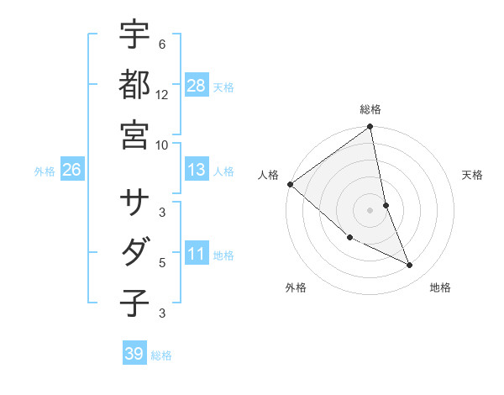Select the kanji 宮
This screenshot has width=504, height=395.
pos(135,134)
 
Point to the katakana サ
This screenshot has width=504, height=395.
pos(135,201)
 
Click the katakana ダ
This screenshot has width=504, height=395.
pos(135,251)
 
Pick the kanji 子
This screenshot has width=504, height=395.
pos(135,302)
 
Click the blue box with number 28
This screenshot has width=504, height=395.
pos(197,85)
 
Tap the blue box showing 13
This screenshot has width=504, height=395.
pos(197,170)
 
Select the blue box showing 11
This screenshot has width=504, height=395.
pos(197,253)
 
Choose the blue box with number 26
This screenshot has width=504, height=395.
pos(71,170)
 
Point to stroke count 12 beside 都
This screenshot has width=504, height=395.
pos(161,94)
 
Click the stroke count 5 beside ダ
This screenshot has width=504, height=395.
pos(162,262)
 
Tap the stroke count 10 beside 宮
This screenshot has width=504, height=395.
pos(161,144)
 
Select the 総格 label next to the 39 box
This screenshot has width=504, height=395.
pos(161,355)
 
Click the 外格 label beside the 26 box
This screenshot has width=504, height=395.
pos(45,171)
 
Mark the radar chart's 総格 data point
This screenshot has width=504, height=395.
pos(370,128)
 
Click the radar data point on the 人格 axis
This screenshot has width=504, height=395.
pos(290,184)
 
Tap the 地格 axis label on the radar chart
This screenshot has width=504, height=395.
pos(440,287)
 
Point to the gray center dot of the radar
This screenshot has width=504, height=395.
pos(370,210)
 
